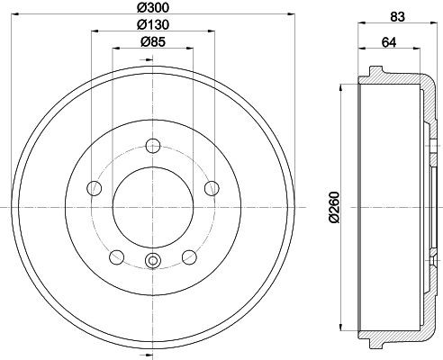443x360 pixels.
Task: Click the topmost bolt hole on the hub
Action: click(x=152, y=146)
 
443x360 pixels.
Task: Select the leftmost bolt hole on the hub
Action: click(x=93, y=188)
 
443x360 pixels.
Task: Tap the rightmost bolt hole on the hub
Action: click(x=212, y=188)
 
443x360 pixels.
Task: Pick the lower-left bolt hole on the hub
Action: click(x=115, y=257)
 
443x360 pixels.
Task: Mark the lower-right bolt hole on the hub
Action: click(x=189, y=257)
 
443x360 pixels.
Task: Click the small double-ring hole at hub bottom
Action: click(x=152, y=261)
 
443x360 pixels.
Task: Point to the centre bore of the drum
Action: click(x=152, y=208)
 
